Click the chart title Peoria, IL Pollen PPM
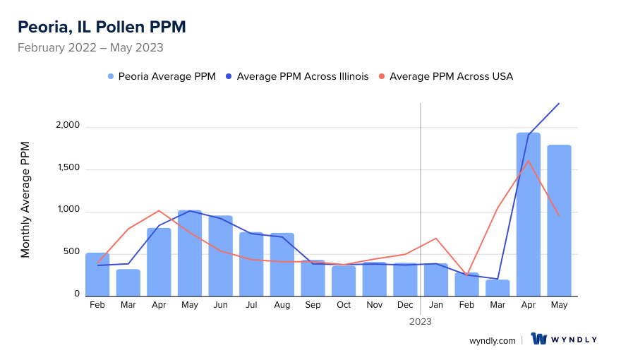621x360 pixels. point(102,27)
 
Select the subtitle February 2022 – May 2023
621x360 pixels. point(90,48)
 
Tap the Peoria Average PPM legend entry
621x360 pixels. point(162,76)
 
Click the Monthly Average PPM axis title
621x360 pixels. point(25,199)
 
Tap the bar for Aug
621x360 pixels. point(282,265)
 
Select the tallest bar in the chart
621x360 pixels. point(529,215)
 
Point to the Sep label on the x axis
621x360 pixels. point(313,305)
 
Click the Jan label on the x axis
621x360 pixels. point(436,305)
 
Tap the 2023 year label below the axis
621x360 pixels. point(421,321)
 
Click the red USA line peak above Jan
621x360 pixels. point(436,239)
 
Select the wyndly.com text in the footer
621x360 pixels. point(493,340)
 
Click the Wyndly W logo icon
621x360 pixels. point(540,339)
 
